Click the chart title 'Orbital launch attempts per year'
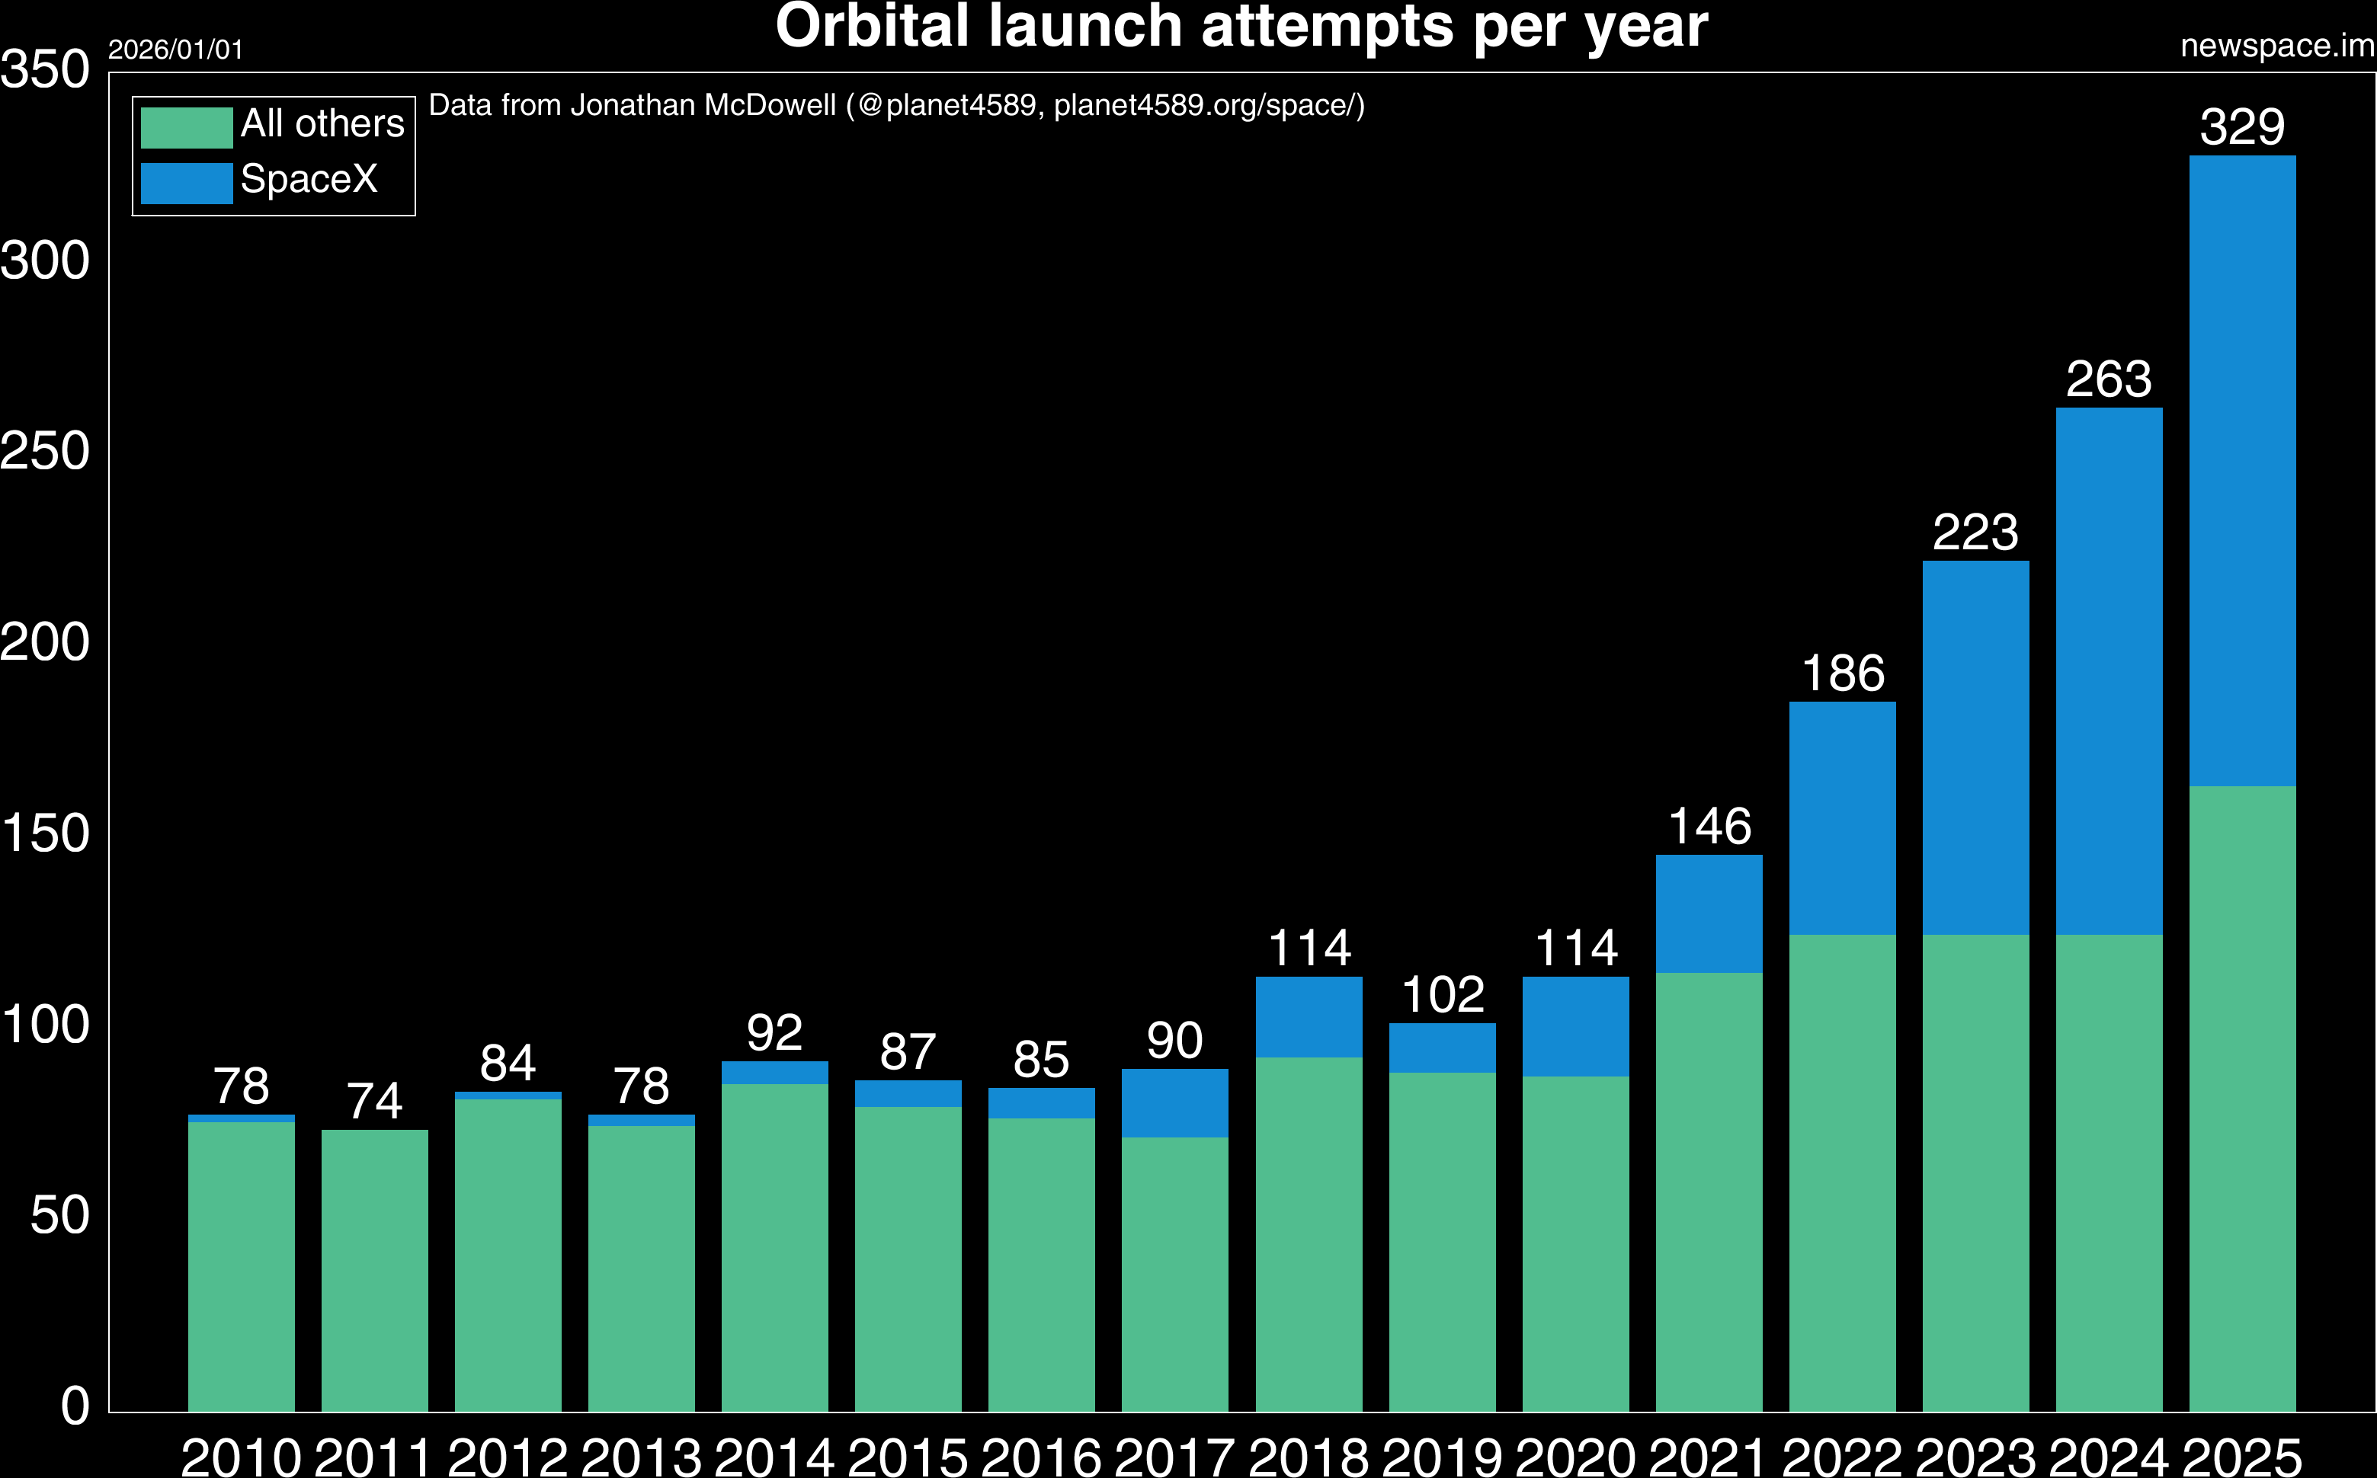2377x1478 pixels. click(1241, 27)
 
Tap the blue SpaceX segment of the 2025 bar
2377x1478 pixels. click(2242, 469)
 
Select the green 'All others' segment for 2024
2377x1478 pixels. click(2109, 1173)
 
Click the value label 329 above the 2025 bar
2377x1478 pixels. click(2242, 127)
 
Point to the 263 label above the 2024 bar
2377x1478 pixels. click(2109, 379)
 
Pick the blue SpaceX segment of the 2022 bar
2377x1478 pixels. click(1842, 817)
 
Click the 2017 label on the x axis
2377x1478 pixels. click(1174, 1457)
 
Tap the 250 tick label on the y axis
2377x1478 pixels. click(45, 452)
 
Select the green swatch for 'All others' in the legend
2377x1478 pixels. click(186, 127)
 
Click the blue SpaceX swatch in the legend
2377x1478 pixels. click(186, 183)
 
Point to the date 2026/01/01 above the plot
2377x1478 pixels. click(175, 50)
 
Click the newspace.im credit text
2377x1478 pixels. click(2277, 46)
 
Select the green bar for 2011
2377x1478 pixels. click(374, 1271)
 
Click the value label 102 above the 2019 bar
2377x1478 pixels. click(1442, 995)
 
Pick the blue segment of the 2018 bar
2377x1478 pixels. click(1309, 1016)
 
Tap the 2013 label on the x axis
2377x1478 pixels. click(642, 1457)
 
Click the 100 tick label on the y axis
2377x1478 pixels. click(45, 1025)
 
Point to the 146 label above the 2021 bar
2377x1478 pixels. click(1709, 827)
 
